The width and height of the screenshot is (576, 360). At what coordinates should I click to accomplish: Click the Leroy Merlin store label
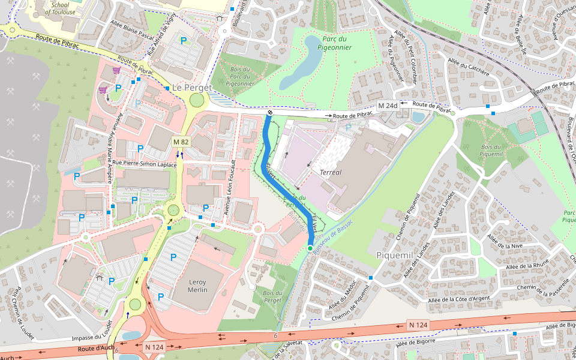pyautogui.click(x=197, y=286)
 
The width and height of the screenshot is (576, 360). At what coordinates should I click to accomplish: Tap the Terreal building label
pyautogui.click(x=330, y=172)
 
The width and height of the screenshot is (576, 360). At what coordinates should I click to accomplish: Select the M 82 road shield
pyautogui.click(x=181, y=142)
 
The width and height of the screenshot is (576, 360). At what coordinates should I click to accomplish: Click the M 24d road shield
pyautogui.click(x=388, y=106)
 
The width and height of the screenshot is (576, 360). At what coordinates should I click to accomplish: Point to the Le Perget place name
pyautogui.click(x=192, y=88)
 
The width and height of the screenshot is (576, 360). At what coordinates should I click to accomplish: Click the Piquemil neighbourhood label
pyautogui.click(x=395, y=255)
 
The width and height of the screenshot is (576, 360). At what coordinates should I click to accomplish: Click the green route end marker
pyautogui.click(x=310, y=248)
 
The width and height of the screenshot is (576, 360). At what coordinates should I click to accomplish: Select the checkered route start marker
pyautogui.click(x=269, y=112)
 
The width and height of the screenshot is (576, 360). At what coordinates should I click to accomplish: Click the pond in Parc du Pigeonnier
pyautogui.click(x=304, y=63)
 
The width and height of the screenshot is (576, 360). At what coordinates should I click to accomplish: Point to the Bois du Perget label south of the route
pyautogui.click(x=272, y=296)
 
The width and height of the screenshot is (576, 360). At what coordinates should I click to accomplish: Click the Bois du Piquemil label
pyautogui.click(x=491, y=151)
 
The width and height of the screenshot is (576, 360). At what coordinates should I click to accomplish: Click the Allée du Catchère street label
pyautogui.click(x=468, y=67)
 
